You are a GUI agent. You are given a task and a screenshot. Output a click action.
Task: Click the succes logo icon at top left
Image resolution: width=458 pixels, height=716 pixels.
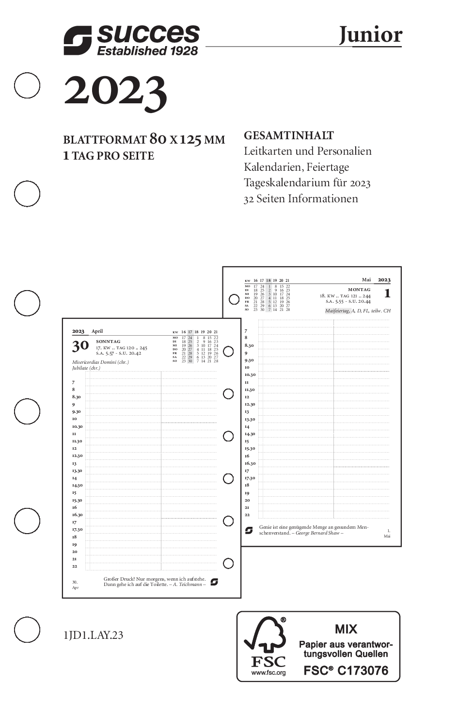78,40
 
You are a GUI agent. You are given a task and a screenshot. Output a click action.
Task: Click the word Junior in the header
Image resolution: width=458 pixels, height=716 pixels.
370,35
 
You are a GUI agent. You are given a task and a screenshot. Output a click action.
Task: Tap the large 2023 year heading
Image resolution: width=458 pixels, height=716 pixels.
115,92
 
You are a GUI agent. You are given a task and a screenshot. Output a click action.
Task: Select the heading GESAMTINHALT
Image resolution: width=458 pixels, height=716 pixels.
288,135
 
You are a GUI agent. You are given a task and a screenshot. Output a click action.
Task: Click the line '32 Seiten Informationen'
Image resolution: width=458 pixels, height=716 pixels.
300,198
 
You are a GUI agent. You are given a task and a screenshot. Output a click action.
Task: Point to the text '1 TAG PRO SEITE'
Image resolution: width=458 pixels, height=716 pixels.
109,156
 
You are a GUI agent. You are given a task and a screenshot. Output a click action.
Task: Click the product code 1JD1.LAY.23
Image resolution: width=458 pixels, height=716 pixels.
93,635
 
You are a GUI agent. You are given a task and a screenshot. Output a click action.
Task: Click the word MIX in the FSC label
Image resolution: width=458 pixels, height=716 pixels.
346,629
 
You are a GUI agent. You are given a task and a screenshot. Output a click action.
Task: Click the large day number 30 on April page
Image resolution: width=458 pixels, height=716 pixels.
80,345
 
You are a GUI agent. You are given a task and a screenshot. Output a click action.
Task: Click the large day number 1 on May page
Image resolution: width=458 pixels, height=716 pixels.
387,293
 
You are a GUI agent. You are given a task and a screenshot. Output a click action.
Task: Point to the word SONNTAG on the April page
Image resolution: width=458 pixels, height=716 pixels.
108,342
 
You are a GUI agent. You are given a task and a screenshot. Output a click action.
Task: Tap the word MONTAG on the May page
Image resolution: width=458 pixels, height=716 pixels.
359,290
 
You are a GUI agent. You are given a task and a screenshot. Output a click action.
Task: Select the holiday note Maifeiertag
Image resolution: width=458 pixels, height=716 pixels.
337,310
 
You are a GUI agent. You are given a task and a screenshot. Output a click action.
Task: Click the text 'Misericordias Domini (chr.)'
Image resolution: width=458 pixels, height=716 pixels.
100,362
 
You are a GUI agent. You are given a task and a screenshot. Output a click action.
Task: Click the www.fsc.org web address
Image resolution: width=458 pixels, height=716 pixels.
268,672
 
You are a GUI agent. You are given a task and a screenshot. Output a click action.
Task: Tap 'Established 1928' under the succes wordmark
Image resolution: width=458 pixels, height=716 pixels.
147,51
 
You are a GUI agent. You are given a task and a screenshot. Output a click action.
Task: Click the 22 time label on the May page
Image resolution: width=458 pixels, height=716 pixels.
247,515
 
